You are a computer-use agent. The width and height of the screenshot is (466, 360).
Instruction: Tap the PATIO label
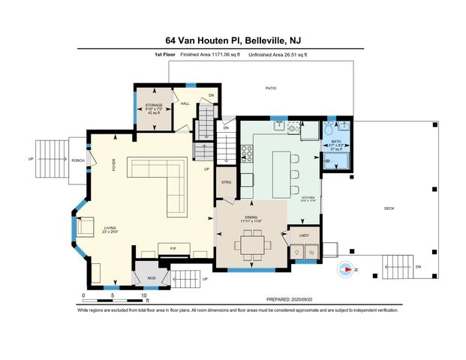tap(271, 88)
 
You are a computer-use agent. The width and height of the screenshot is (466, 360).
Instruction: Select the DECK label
tap(389, 208)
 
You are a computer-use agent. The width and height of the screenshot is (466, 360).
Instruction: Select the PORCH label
tap(77, 160)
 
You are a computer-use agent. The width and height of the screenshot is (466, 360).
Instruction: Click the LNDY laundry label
tap(303, 235)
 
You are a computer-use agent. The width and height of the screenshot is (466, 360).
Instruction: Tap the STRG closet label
tap(226, 182)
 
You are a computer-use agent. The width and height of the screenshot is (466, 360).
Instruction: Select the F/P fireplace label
tap(173, 247)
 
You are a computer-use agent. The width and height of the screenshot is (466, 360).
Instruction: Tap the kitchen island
tap(281, 170)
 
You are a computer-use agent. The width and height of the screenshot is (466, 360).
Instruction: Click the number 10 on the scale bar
tap(143, 296)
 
